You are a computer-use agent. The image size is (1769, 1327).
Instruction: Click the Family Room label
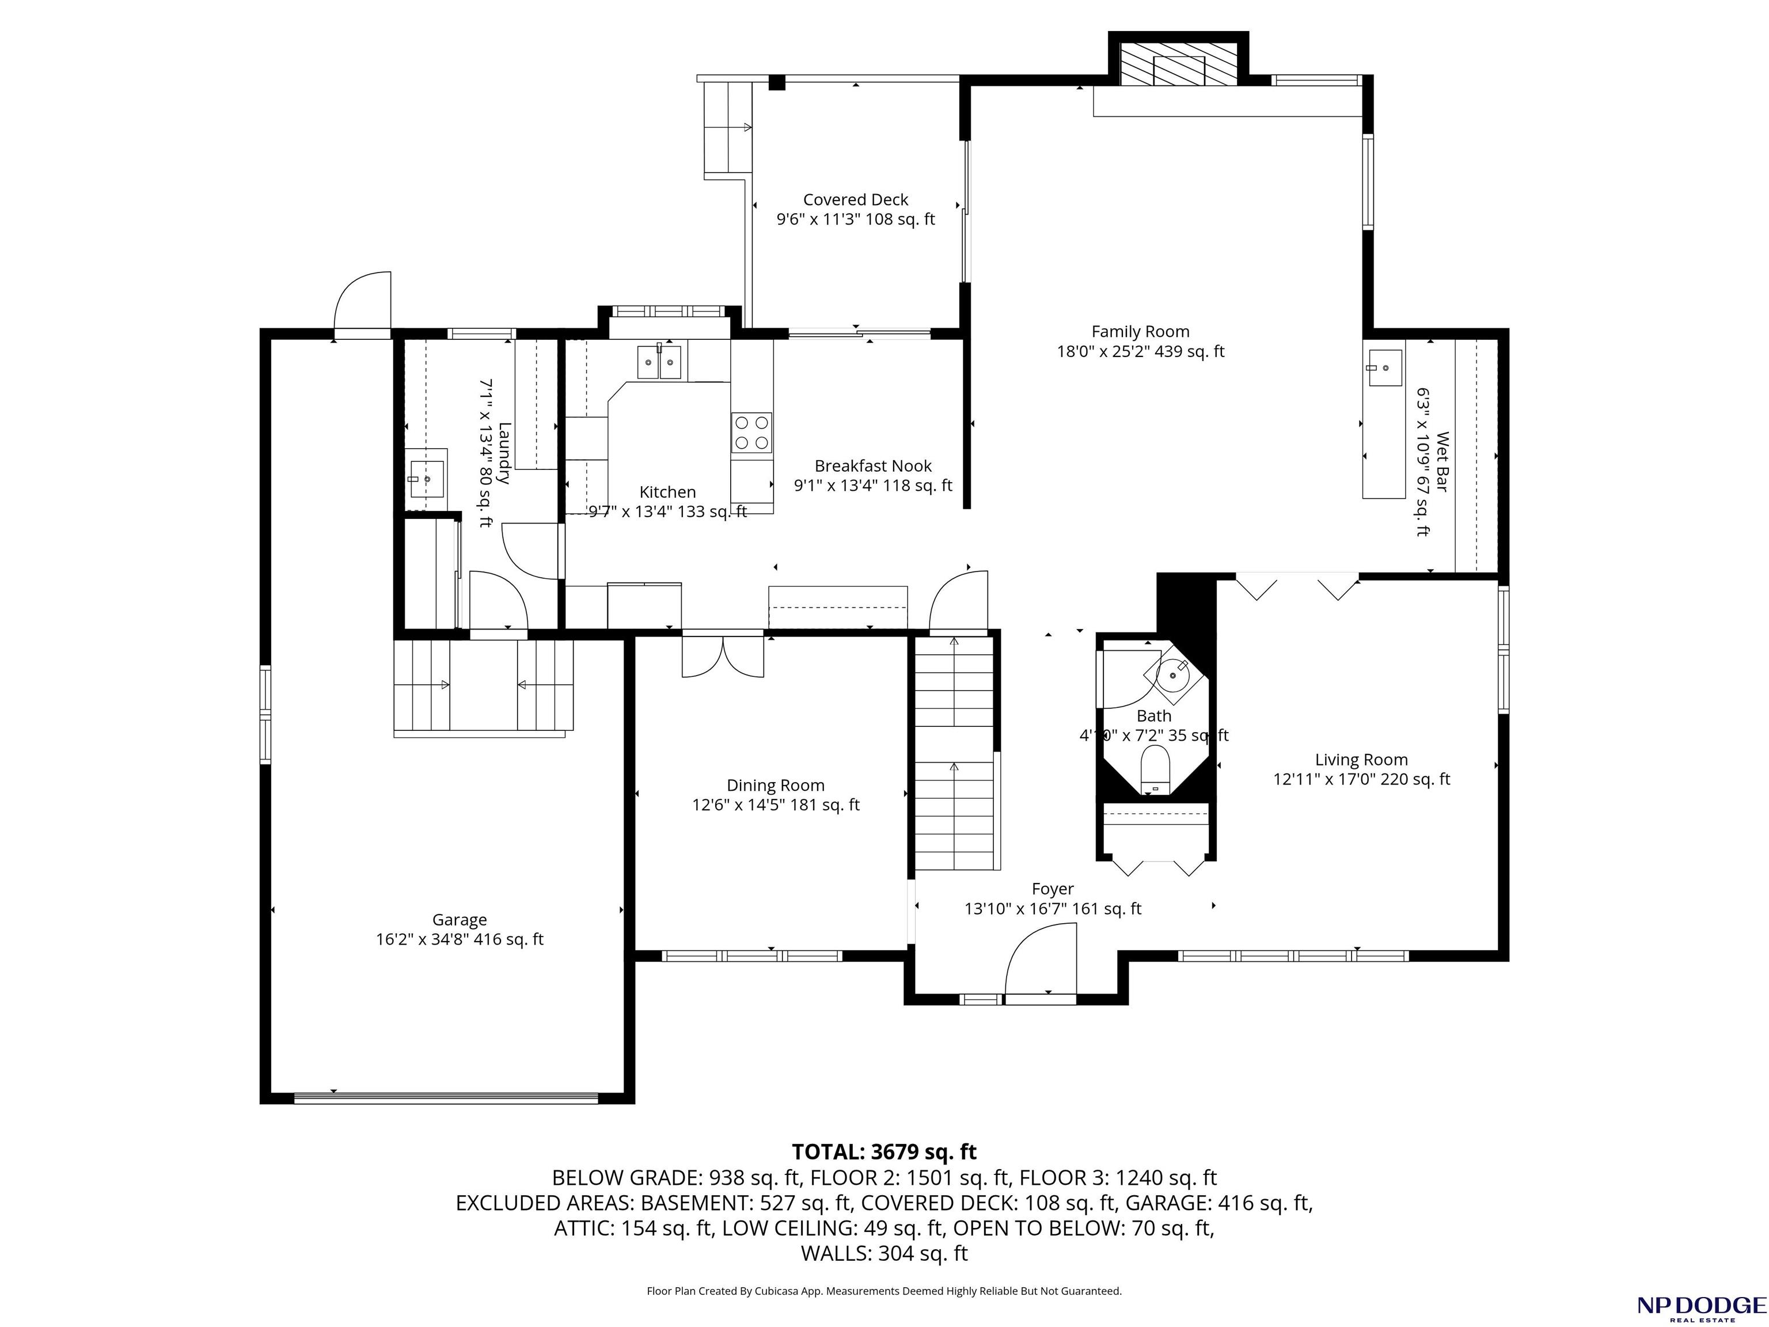1140,332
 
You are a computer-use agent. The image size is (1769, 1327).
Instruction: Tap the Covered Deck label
856,200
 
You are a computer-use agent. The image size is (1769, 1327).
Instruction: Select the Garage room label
460,920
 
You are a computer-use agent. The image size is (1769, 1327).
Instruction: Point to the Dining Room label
776,786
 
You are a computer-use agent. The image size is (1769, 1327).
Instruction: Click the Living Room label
1361,760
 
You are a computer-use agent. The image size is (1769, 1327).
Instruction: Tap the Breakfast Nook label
874,465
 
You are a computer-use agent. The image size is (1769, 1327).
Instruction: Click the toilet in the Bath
1154,769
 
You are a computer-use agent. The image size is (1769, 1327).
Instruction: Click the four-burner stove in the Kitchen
751,433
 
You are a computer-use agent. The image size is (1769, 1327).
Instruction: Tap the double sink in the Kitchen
660,362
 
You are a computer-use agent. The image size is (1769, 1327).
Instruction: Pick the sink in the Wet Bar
1385,368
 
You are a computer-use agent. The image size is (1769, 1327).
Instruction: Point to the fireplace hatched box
1178,65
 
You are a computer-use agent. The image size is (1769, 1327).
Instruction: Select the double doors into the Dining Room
723,656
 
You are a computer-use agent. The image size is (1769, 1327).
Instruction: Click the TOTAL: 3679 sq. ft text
884,1152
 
